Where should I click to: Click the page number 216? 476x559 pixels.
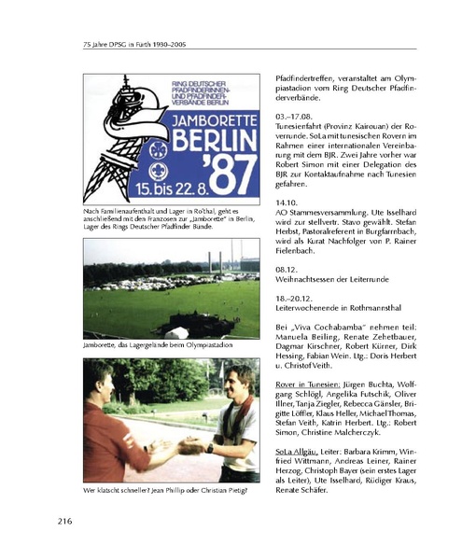[x=66, y=520]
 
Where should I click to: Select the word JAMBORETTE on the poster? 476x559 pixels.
[x=212, y=121]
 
